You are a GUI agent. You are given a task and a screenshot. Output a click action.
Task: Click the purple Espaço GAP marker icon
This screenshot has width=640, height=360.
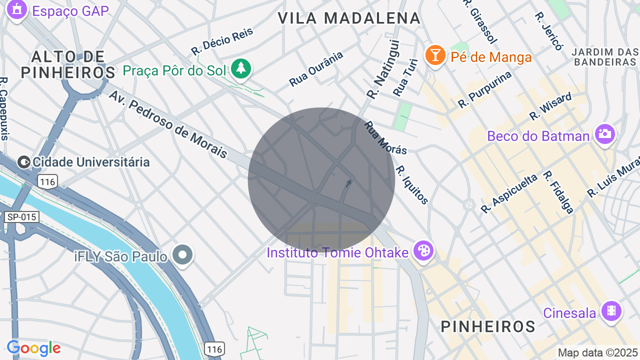[x=17, y=10]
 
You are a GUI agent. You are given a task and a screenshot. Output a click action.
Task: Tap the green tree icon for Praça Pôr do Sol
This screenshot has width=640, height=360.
[x=241, y=68]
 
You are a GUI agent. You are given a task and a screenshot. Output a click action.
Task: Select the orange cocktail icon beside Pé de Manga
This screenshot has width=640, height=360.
[x=435, y=55]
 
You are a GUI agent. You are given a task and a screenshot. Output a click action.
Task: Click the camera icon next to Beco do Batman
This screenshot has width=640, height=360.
[x=604, y=134]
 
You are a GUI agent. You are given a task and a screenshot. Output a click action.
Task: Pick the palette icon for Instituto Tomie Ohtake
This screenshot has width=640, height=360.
[x=423, y=250]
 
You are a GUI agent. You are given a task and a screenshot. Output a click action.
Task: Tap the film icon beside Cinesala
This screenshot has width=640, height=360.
[x=611, y=311]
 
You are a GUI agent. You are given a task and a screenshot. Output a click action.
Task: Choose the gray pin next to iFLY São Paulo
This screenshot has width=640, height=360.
[x=182, y=255]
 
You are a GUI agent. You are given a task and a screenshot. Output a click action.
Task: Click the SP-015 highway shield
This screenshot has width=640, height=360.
[x=21, y=217]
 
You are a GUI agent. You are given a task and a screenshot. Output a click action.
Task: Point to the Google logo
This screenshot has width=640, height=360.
[x=33, y=348]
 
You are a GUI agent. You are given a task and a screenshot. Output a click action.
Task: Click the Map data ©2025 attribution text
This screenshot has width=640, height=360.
[x=598, y=352]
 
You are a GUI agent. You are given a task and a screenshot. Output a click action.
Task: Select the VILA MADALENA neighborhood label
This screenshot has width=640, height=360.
[x=349, y=18]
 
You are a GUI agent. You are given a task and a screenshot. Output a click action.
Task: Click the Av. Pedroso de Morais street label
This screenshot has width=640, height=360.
[x=168, y=124]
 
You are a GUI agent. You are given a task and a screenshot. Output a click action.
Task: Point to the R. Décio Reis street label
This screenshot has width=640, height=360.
[x=222, y=41]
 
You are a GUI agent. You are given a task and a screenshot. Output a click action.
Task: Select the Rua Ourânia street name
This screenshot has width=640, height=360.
[x=316, y=68]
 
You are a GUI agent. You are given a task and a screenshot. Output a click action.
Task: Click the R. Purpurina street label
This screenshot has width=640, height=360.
[x=485, y=89]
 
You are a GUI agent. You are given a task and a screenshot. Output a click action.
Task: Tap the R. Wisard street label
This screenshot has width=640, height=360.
[x=550, y=106]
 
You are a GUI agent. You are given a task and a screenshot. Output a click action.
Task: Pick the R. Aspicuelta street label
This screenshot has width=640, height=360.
[x=509, y=193]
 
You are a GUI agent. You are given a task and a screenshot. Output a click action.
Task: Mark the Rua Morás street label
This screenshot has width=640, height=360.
[x=385, y=137]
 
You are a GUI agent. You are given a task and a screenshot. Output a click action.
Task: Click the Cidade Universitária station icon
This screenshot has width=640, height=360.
[x=23, y=162]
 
